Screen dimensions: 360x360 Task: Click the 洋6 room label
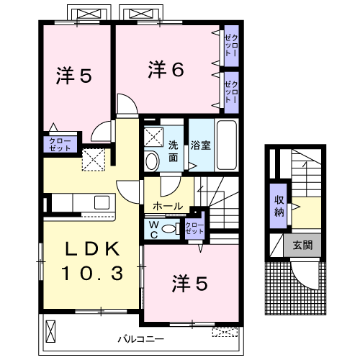click(x=166, y=69)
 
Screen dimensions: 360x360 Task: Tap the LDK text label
click(x=93, y=248)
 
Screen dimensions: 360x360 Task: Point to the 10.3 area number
click(x=93, y=273)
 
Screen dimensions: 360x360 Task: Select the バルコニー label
click(x=141, y=339)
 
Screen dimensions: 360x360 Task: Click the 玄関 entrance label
click(x=302, y=246)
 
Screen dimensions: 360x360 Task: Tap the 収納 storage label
click(x=279, y=206)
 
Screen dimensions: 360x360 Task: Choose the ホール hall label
click(x=168, y=206)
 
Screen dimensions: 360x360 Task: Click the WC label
click(x=154, y=230)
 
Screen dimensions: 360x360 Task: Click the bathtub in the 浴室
click(x=227, y=145)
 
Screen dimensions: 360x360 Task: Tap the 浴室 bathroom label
click(x=201, y=145)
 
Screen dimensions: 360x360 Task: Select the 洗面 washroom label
click(x=173, y=151)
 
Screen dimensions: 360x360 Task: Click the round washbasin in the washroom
click(x=152, y=161)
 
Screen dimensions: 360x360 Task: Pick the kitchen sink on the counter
click(x=102, y=202)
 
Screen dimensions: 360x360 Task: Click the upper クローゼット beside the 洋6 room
click(x=231, y=45)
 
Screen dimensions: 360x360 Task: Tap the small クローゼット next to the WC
click(x=194, y=228)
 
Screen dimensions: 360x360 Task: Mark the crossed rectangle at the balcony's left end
click(x=50, y=331)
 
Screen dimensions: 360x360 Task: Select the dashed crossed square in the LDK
click(x=94, y=160)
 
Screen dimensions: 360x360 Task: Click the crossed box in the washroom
click(x=153, y=137)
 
